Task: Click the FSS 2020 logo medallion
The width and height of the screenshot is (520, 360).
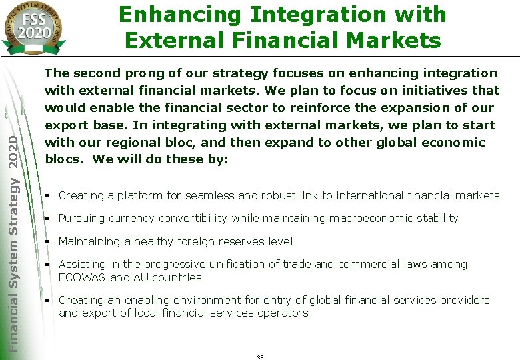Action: point(32,25)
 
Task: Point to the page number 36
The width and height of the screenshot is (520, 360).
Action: point(260,357)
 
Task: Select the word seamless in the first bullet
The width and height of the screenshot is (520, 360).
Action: point(209,195)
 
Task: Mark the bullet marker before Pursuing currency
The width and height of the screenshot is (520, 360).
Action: point(48,219)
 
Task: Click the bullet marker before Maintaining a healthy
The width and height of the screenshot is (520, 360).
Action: point(48,241)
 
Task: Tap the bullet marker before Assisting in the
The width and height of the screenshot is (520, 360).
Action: point(48,265)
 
